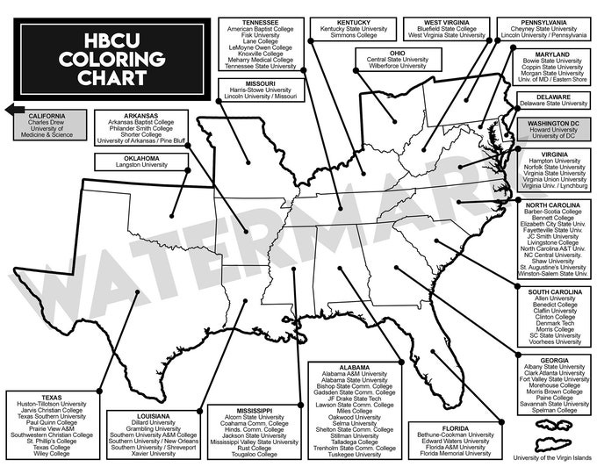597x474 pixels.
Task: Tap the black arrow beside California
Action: click(11, 110)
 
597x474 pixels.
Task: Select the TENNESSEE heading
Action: click(261, 21)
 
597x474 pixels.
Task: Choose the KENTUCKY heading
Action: click(354, 21)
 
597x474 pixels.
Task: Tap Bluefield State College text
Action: click(445, 28)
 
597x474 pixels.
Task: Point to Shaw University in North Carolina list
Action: click(553, 260)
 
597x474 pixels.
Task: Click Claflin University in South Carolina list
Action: click(554, 310)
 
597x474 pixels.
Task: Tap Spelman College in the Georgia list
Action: click(554, 410)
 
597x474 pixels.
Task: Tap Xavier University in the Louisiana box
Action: click(154, 454)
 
